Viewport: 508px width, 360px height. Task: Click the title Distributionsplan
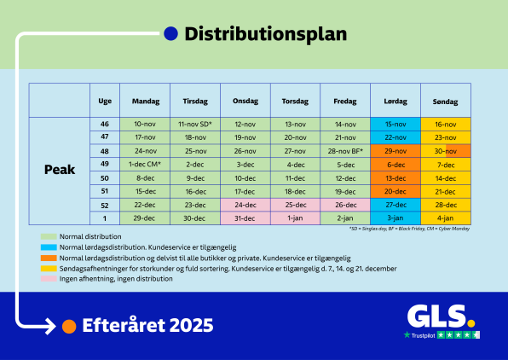coord(265,34)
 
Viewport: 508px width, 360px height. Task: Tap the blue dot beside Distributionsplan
coord(170,34)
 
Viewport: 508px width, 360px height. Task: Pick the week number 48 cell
coord(105,150)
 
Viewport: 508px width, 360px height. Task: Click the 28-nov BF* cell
coord(345,150)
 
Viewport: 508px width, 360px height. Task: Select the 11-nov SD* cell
coord(194,124)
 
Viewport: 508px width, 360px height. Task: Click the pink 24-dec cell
coord(245,205)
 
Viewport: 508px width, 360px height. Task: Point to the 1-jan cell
coord(295,218)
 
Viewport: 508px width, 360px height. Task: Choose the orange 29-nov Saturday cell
coord(395,150)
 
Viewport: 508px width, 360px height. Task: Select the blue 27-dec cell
coord(395,205)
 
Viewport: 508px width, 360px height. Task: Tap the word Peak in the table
coord(60,170)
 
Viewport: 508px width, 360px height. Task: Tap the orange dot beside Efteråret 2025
coord(70,326)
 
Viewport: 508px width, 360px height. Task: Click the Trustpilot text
coord(423,335)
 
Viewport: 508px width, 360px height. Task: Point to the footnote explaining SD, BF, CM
coord(409,229)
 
